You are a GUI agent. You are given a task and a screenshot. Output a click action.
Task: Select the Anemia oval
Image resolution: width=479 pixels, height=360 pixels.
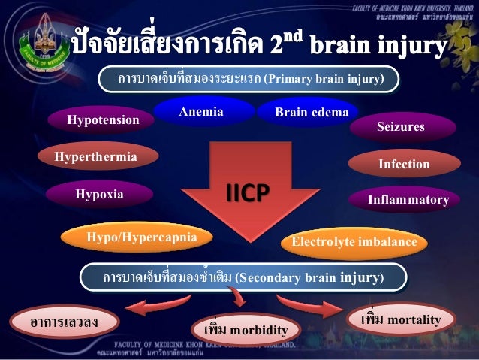(x=201, y=113)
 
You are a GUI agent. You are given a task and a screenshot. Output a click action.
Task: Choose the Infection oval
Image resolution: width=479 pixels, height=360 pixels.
(x=403, y=164)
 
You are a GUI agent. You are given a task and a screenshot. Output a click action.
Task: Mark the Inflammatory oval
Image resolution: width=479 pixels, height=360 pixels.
(x=408, y=200)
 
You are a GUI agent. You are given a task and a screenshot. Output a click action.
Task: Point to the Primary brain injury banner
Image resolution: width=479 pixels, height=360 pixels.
(x=250, y=79)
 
